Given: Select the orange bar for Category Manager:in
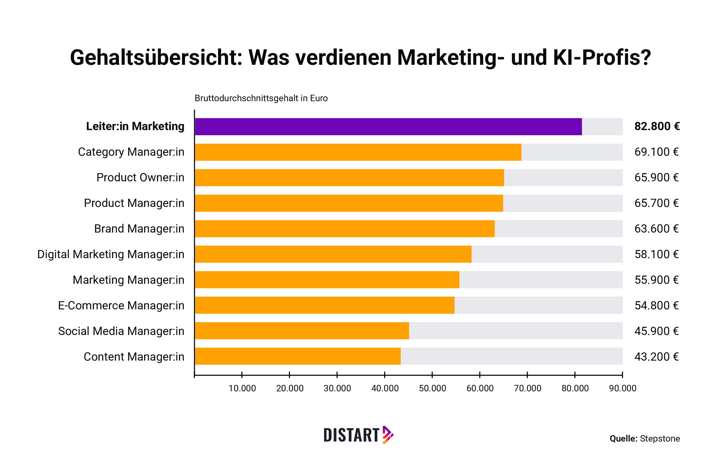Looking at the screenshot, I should [358, 152].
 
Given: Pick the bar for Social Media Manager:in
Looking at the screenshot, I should [302, 331].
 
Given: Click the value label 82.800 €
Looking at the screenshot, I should [656, 126].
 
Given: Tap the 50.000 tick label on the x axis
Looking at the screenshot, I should [432, 389].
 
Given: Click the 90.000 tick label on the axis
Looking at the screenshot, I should [622, 389].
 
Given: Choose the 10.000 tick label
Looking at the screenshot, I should [242, 389].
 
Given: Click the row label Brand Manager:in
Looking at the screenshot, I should [139, 229].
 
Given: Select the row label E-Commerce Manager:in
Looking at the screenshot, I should [121, 306].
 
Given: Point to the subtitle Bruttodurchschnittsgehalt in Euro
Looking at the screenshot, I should [261, 98].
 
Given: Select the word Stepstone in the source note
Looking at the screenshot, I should [660, 438].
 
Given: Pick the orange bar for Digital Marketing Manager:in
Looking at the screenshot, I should [333, 254].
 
